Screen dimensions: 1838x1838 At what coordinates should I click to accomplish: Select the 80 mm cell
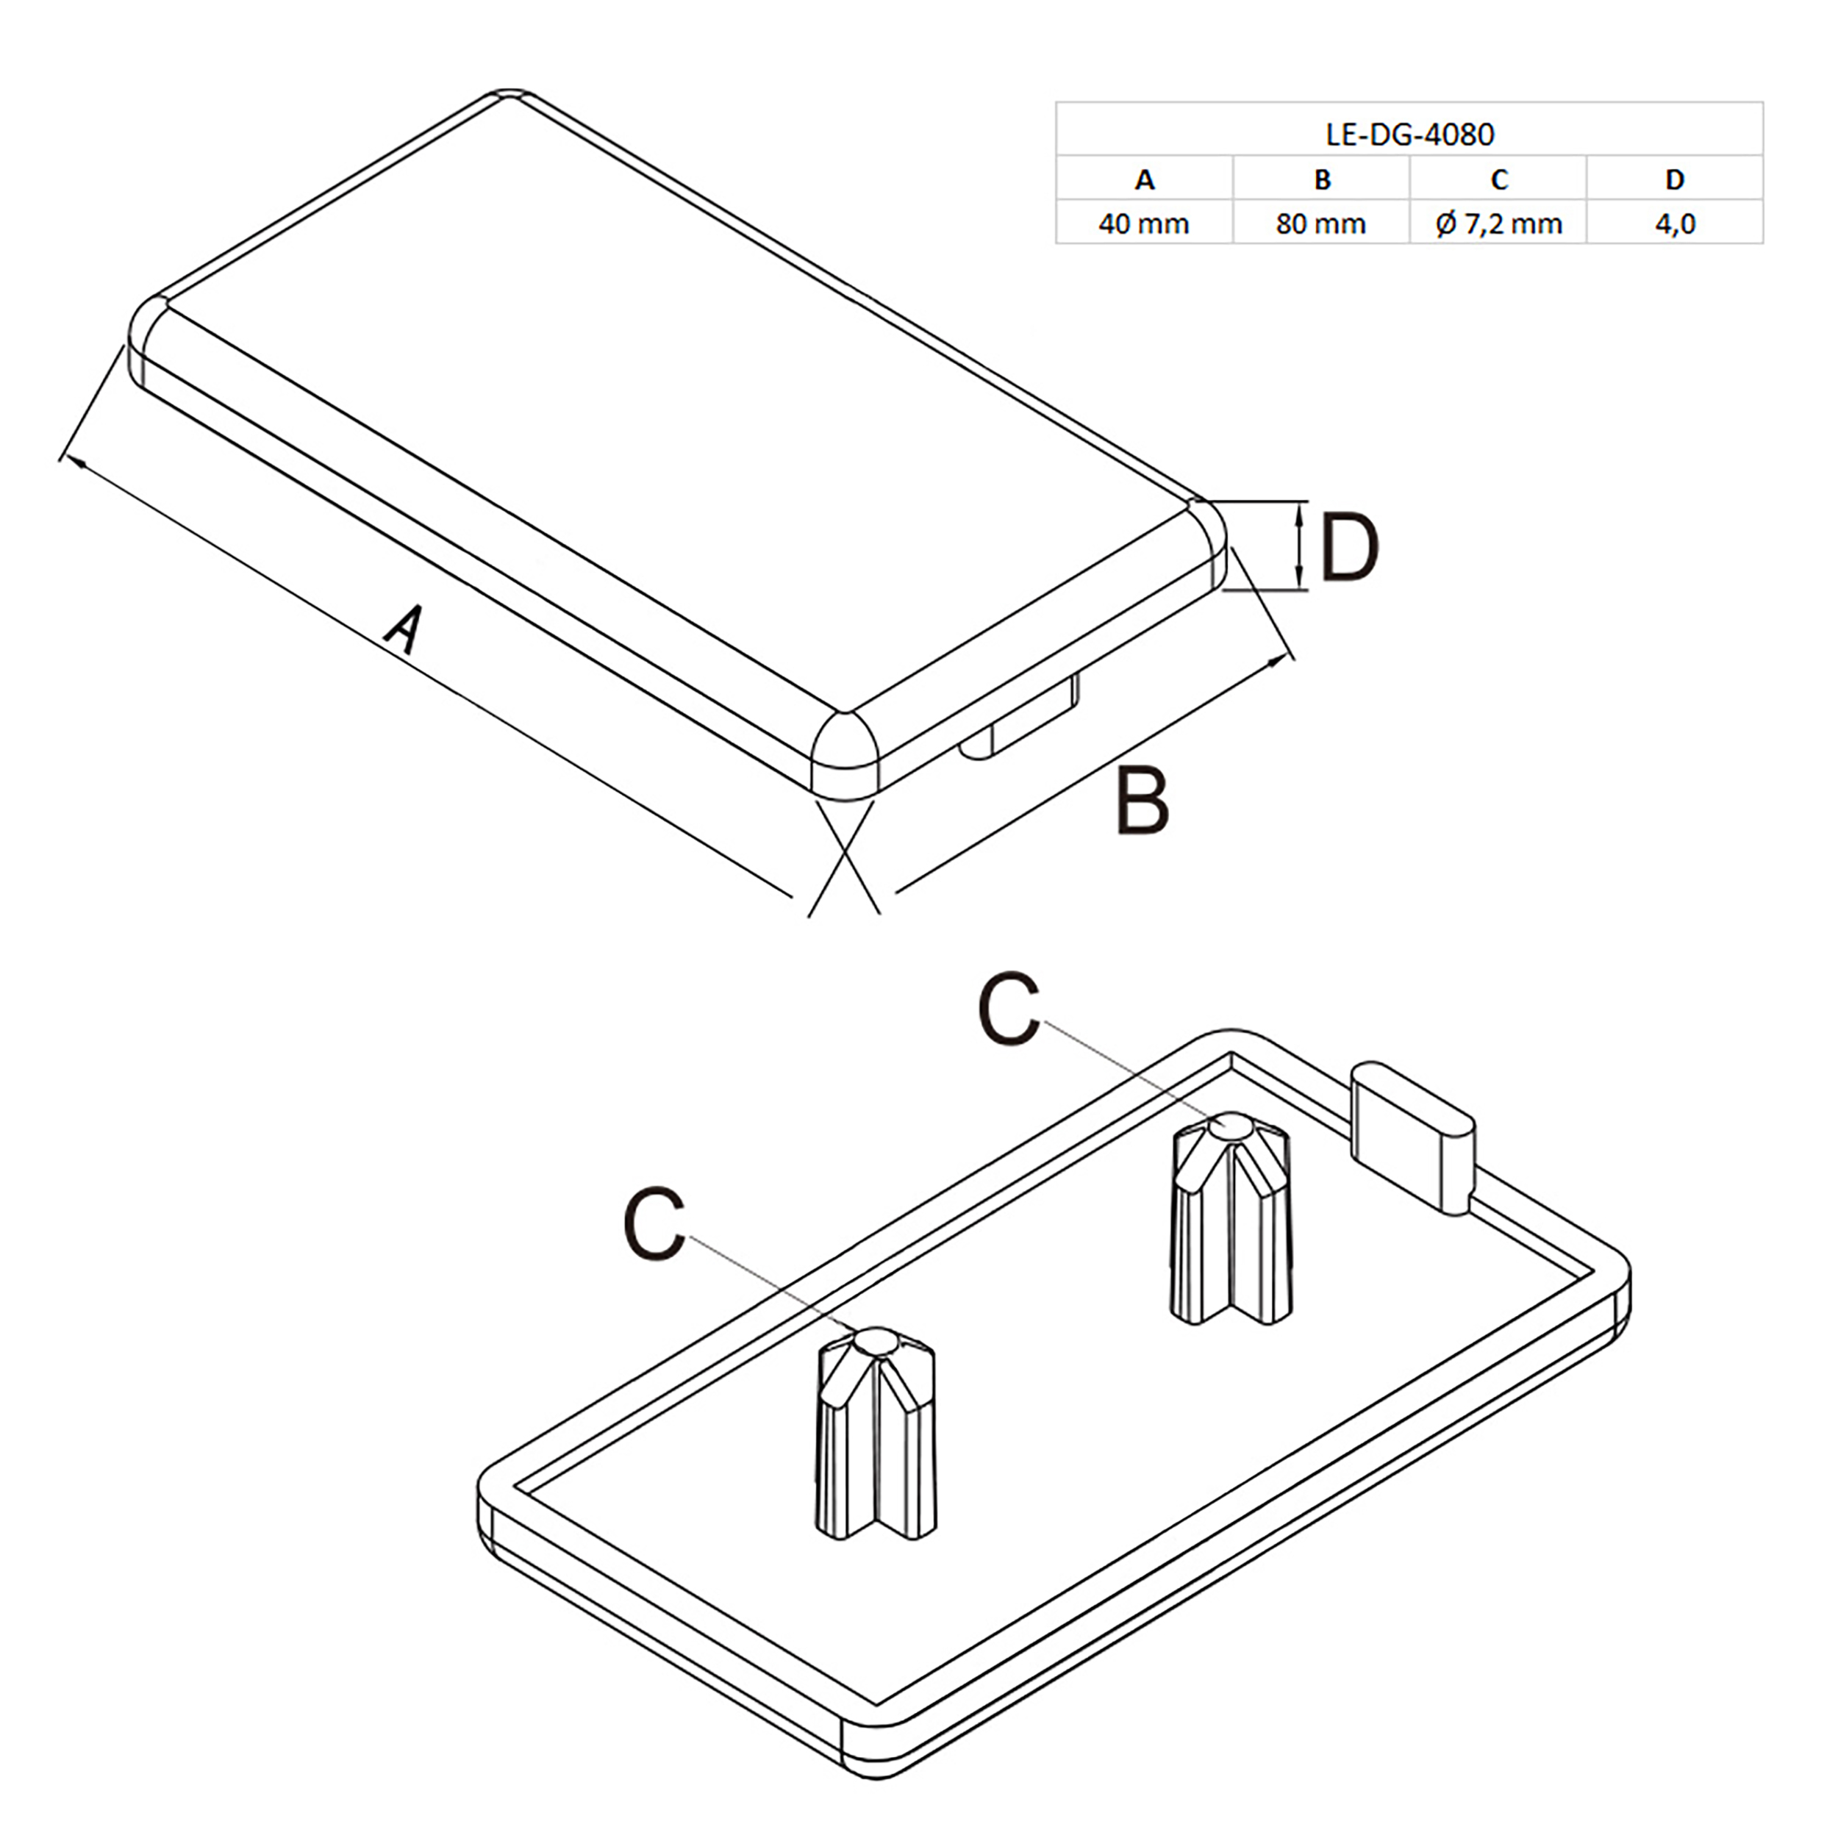pyautogui.click(x=1320, y=224)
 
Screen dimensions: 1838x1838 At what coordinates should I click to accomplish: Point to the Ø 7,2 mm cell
pyautogui.click(x=1498, y=224)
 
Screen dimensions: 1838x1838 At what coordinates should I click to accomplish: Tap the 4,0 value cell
pyautogui.click(x=1674, y=224)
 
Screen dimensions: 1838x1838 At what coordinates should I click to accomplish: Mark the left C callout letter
pyautogui.click(x=654, y=1223)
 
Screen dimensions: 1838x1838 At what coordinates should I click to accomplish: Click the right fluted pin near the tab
pyautogui.click(x=1230, y=1219)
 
